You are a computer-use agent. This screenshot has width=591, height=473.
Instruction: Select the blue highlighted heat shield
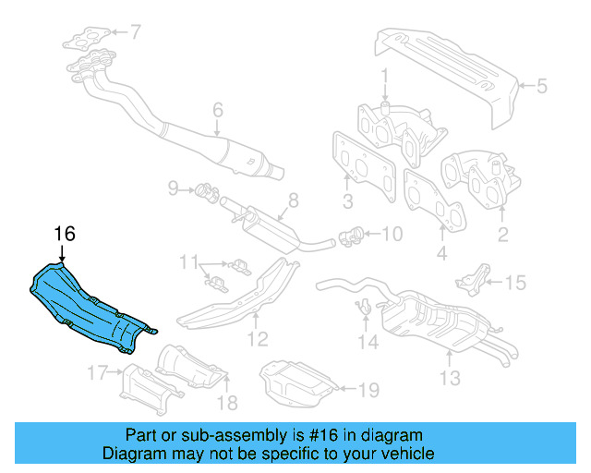88,305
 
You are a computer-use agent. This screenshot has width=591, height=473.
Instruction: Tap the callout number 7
136,33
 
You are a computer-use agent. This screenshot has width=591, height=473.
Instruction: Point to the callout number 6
218,111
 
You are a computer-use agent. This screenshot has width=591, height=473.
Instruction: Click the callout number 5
541,88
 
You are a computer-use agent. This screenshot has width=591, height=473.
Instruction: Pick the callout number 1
385,74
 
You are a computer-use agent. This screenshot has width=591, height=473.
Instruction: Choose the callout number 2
503,235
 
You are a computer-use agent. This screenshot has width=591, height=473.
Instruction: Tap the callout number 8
293,199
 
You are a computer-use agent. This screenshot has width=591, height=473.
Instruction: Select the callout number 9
173,189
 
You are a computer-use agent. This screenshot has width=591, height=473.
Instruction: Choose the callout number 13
449,377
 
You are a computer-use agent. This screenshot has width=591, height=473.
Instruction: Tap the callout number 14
368,343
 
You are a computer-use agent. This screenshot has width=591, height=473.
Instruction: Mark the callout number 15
514,283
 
